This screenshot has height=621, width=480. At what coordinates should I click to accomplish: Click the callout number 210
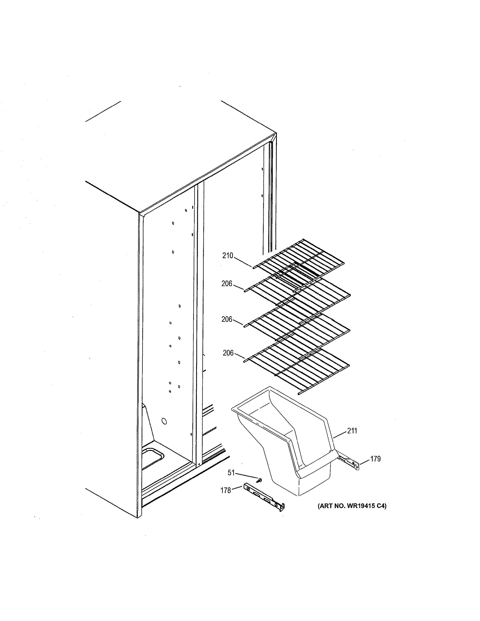pyautogui.click(x=228, y=255)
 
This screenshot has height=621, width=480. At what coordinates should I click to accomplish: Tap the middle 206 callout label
pyautogui.click(x=227, y=319)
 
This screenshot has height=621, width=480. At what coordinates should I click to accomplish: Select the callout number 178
pyautogui.click(x=226, y=490)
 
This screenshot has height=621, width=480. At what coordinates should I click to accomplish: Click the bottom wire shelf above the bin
pyautogui.click(x=297, y=367)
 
